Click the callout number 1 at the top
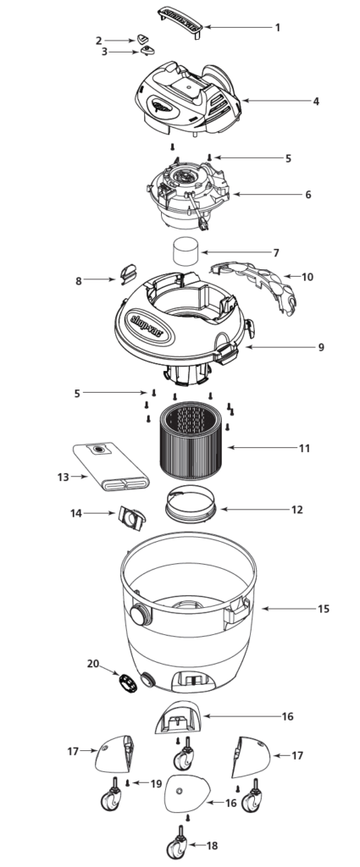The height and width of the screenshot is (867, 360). (277, 28)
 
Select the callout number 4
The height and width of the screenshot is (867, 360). (316, 102)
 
